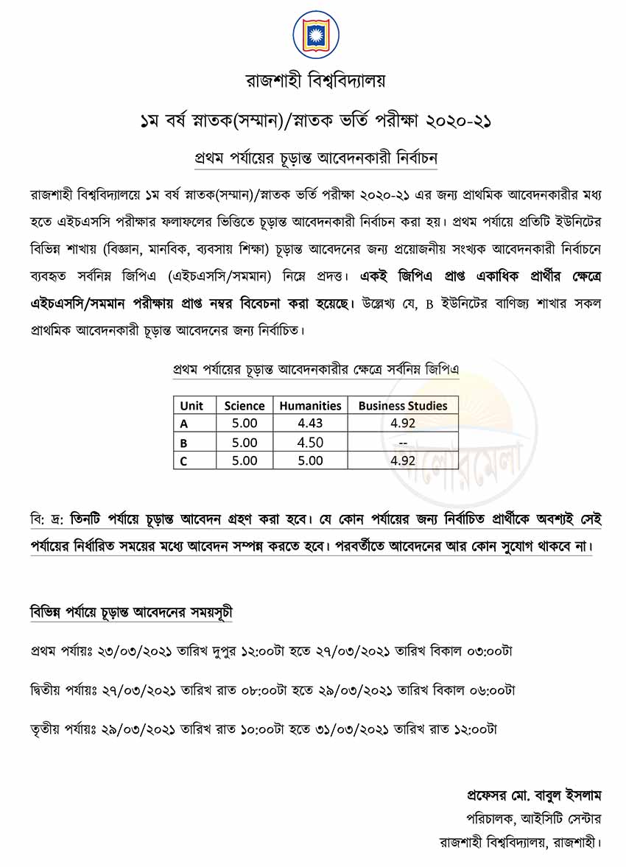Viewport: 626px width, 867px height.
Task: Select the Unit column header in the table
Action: pyautogui.click(x=191, y=405)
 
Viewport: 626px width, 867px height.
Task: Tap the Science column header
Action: pyautogui.click(x=244, y=405)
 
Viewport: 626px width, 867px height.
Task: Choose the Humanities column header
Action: pyautogui.click(x=310, y=405)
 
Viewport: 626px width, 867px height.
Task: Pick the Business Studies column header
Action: pyautogui.click(x=402, y=405)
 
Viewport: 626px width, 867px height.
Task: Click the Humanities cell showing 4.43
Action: pyautogui.click(x=310, y=424)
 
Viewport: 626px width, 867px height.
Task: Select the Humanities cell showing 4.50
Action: pyautogui.click(x=310, y=442)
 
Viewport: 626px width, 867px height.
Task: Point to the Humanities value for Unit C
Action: pyautogui.click(x=310, y=460)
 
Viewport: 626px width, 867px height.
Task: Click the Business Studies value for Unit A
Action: pyautogui.click(x=403, y=424)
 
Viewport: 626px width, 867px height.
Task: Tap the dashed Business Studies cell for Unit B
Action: pyautogui.click(x=403, y=442)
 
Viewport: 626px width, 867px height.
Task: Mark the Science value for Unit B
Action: pyautogui.click(x=244, y=442)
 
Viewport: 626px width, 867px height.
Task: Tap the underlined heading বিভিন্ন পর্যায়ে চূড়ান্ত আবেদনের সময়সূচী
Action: pyautogui.click(x=132, y=612)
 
